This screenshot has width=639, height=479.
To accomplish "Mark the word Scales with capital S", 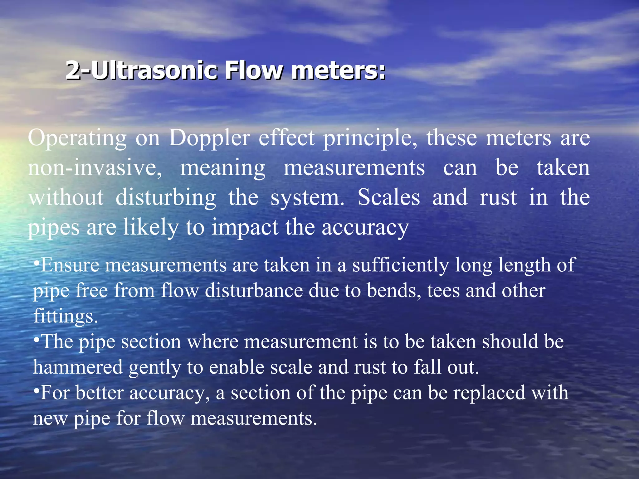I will (x=389, y=198).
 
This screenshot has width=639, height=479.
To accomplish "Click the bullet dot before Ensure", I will (x=37, y=263).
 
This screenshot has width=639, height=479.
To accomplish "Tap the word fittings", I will (x=65, y=317).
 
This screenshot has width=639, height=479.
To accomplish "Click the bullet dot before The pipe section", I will (x=37, y=339).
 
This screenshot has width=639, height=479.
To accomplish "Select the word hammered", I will (x=78, y=367).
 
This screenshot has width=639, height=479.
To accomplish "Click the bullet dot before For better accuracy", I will (x=37, y=390).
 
